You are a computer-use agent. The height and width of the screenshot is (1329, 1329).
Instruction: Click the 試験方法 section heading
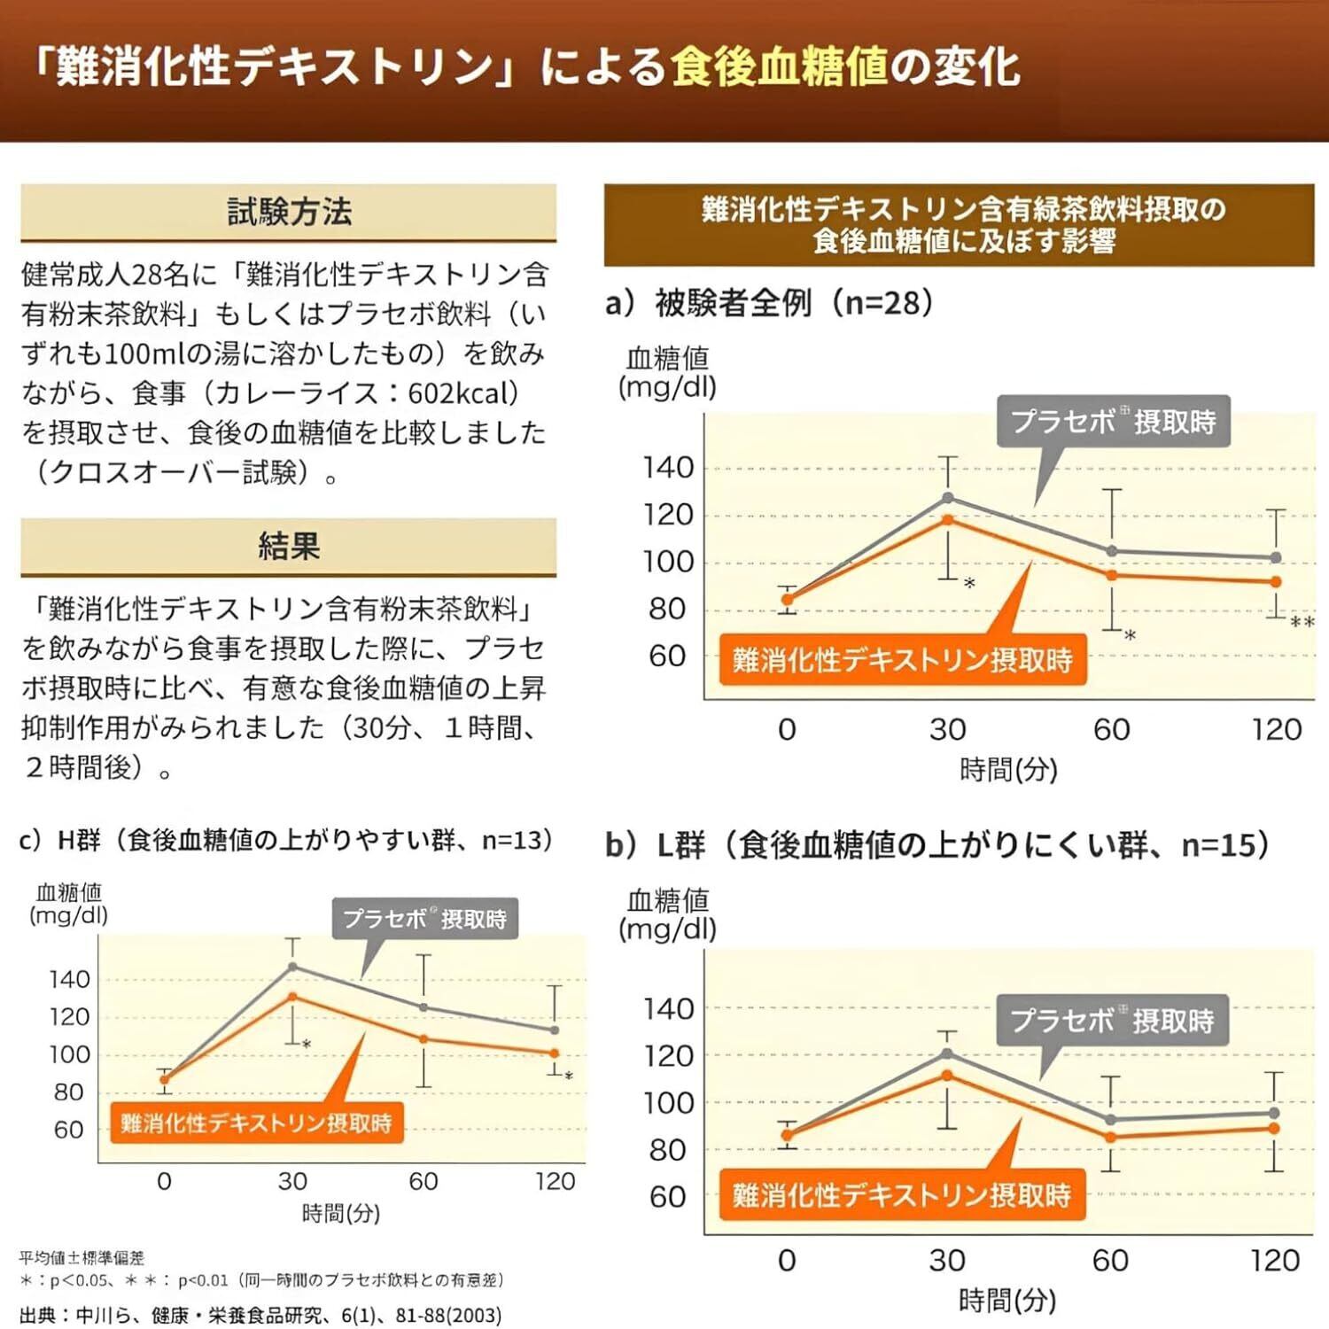(289, 213)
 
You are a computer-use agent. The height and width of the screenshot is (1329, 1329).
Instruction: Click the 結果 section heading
(289, 546)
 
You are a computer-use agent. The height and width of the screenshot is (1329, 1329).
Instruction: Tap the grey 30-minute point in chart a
(948, 498)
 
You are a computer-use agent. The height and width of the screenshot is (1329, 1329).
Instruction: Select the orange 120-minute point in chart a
(1276, 582)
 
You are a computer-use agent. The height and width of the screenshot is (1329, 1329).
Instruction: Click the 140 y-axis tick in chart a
(669, 468)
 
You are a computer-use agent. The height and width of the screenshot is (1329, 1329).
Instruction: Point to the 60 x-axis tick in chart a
(1111, 730)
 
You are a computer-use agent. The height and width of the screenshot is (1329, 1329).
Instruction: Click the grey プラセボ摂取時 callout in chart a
(1113, 422)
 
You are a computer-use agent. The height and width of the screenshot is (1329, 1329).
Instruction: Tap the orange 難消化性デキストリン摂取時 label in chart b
(902, 1196)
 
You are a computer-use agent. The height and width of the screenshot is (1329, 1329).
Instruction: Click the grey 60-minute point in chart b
(1111, 1120)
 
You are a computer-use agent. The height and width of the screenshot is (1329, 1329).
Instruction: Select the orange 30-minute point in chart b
(947, 1076)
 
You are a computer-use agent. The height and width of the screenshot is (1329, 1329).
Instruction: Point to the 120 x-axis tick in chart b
(1275, 1261)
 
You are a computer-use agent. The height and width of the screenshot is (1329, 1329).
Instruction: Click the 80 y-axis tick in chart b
(669, 1150)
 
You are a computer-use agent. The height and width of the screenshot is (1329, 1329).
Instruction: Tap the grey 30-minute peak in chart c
(292, 967)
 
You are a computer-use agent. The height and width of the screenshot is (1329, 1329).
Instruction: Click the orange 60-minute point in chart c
(424, 1039)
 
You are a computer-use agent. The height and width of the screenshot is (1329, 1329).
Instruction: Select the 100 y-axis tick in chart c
(69, 1054)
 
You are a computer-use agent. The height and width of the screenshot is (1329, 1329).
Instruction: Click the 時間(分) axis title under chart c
(341, 1213)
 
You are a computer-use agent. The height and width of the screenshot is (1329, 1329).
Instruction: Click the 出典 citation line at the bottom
(260, 1316)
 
